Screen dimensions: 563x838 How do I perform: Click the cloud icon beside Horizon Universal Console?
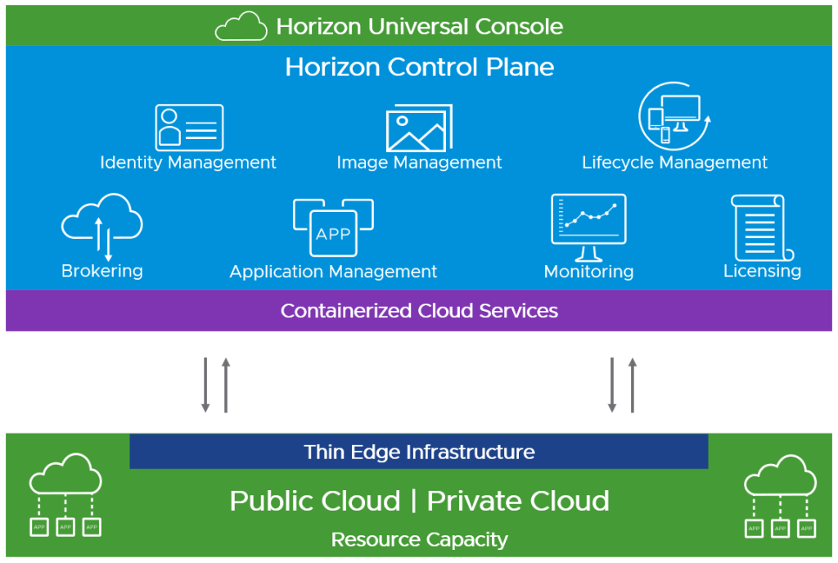click(241, 26)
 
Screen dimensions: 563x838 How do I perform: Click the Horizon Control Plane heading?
click(419, 67)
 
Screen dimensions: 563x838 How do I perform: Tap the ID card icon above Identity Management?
click(189, 127)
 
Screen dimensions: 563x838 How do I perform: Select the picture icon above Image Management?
click(419, 128)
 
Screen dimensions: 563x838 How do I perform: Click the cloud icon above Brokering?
click(102, 225)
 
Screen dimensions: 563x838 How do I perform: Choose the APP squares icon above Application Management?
click(333, 228)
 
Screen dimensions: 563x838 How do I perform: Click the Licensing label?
click(762, 271)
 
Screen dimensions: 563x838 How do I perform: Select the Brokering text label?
click(102, 271)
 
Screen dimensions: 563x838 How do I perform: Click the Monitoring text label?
click(588, 271)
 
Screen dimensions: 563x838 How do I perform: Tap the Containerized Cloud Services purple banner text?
click(419, 311)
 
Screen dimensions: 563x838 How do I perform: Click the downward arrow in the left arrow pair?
click(206, 384)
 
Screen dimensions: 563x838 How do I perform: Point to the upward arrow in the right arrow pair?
click(632, 384)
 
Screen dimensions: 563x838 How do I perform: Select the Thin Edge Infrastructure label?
click(419, 452)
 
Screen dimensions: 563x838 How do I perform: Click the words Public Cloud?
click(315, 501)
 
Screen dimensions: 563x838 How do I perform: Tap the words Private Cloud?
click(518, 501)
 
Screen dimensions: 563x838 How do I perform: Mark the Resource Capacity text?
click(419, 540)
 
